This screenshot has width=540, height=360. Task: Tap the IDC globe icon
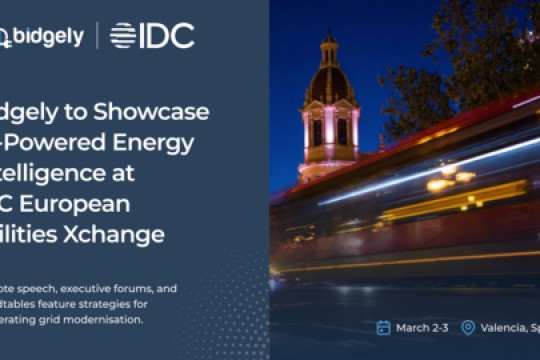tap(123, 36)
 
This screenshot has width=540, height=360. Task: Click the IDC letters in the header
tap(166, 36)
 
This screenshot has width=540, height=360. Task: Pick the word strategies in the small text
tap(99, 304)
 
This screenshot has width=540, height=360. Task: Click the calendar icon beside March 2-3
tap(383, 327)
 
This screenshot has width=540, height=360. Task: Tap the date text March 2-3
tap(419, 327)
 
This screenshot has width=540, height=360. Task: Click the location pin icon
tap(467, 327)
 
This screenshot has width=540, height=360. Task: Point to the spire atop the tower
tap(329, 42)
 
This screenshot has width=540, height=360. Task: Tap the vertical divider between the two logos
tap(97, 36)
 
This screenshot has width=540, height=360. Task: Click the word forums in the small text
tap(136, 288)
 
